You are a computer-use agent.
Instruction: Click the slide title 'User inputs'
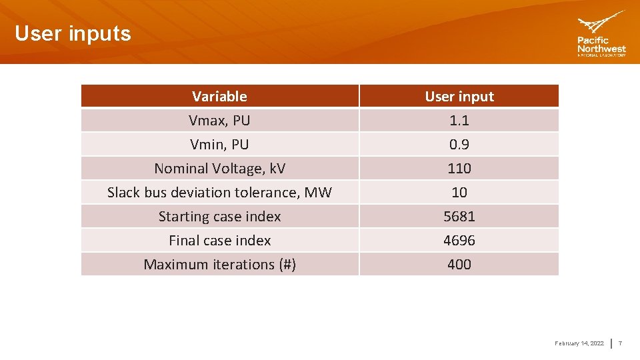point(73,33)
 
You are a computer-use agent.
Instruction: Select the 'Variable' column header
point(219,97)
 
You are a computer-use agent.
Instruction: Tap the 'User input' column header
point(459,97)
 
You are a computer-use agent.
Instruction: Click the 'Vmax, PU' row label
point(219,121)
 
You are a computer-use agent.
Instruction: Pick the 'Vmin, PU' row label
point(219,145)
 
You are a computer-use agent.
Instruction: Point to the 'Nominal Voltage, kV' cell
point(219,169)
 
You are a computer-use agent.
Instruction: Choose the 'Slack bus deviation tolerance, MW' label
point(219,193)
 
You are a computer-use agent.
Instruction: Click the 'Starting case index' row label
point(219,217)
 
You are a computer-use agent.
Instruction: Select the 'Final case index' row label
point(219,241)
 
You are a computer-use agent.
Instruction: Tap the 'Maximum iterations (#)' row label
point(219,265)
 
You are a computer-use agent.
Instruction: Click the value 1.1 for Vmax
point(459,121)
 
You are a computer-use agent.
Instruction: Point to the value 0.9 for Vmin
point(459,145)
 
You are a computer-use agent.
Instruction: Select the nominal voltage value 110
point(459,169)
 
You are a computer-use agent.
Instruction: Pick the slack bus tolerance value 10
point(459,193)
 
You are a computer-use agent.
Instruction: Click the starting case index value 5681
point(459,217)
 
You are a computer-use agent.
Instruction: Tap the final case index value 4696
point(459,241)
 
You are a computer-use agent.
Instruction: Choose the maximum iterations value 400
point(459,265)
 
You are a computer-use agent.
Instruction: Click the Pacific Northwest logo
point(601,34)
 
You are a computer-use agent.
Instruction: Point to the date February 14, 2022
point(579,343)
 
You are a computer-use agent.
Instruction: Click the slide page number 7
point(620,343)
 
